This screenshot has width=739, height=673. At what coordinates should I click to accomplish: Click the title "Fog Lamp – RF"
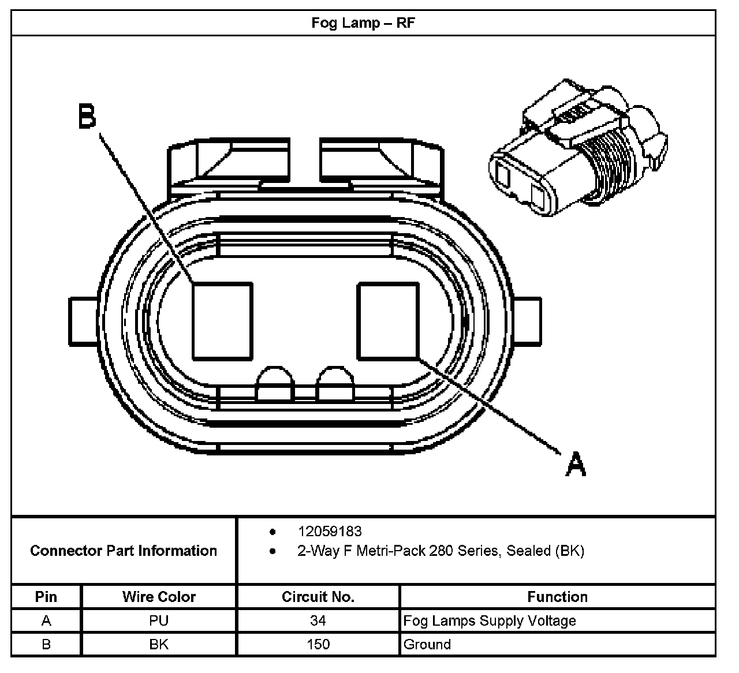(x=363, y=24)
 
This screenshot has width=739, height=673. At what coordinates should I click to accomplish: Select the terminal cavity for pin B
(x=222, y=320)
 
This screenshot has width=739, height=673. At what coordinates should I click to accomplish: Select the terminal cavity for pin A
(x=387, y=320)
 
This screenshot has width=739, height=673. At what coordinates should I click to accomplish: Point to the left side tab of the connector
(x=83, y=321)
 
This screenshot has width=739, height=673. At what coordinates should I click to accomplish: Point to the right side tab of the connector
(x=527, y=321)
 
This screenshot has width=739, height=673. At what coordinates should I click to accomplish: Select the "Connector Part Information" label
(x=124, y=551)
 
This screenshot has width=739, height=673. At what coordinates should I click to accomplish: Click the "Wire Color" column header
(x=159, y=597)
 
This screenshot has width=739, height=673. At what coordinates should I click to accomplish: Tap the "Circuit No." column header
(x=318, y=597)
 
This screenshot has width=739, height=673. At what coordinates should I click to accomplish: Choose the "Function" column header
(x=557, y=597)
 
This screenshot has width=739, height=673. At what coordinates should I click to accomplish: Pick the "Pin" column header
(x=46, y=597)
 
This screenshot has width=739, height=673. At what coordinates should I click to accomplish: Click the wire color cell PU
(x=159, y=621)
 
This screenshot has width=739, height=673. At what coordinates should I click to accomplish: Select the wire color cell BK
(x=159, y=644)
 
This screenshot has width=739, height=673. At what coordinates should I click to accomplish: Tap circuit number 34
(x=318, y=621)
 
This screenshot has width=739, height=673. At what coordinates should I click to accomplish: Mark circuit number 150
(x=318, y=644)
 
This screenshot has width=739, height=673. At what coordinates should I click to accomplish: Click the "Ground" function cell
(x=427, y=644)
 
